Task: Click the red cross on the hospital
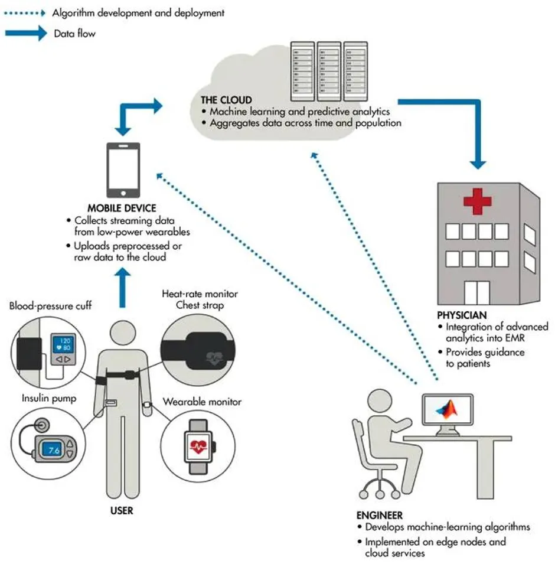pyautogui.click(x=477, y=201)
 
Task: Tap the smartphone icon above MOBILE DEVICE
pyautogui.click(x=123, y=170)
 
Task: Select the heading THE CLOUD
pyautogui.click(x=226, y=100)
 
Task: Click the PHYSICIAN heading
pyautogui.click(x=462, y=315)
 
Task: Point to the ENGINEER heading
pyautogui.click(x=380, y=516)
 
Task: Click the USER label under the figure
pyautogui.click(x=122, y=511)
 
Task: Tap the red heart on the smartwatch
pyautogui.click(x=198, y=446)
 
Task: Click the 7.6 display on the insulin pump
pyautogui.click(x=53, y=449)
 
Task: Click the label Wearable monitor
pyautogui.click(x=202, y=402)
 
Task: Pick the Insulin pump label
pyautogui.click(x=49, y=398)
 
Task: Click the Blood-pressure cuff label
pyautogui.click(x=50, y=306)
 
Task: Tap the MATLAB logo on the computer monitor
pyautogui.click(x=447, y=410)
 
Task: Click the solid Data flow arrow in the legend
pyautogui.click(x=26, y=34)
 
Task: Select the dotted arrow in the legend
pyautogui.click(x=25, y=14)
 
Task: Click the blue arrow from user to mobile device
pyautogui.click(x=122, y=288)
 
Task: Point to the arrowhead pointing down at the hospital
pyautogui.click(x=478, y=164)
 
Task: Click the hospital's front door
pyautogui.click(x=476, y=293)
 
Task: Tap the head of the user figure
pyautogui.click(x=123, y=333)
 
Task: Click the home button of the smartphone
pyautogui.click(x=123, y=193)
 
